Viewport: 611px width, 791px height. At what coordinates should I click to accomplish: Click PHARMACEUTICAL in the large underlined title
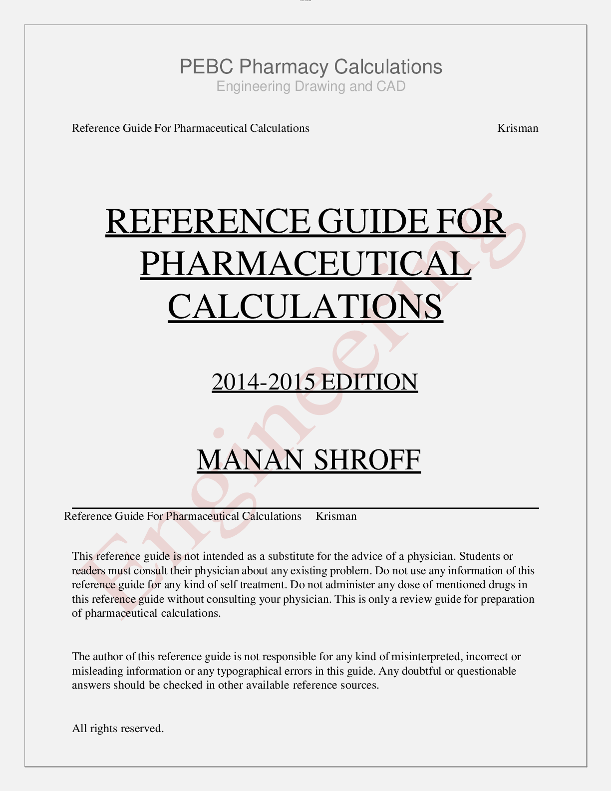pyautogui.click(x=305, y=264)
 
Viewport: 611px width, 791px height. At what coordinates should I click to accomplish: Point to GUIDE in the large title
pyautogui.click(x=373, y=221)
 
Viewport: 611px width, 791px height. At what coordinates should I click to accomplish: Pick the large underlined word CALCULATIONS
pyautogui.click(x=305, y=306)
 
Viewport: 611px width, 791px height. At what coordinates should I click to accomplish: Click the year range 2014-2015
pyautogui.click(x=263, y=382)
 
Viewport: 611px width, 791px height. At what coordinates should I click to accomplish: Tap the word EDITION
pyautogui.click(x=369, y=382)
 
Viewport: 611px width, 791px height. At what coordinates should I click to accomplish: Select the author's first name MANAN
pyautogui.click(x=250, y=460)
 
